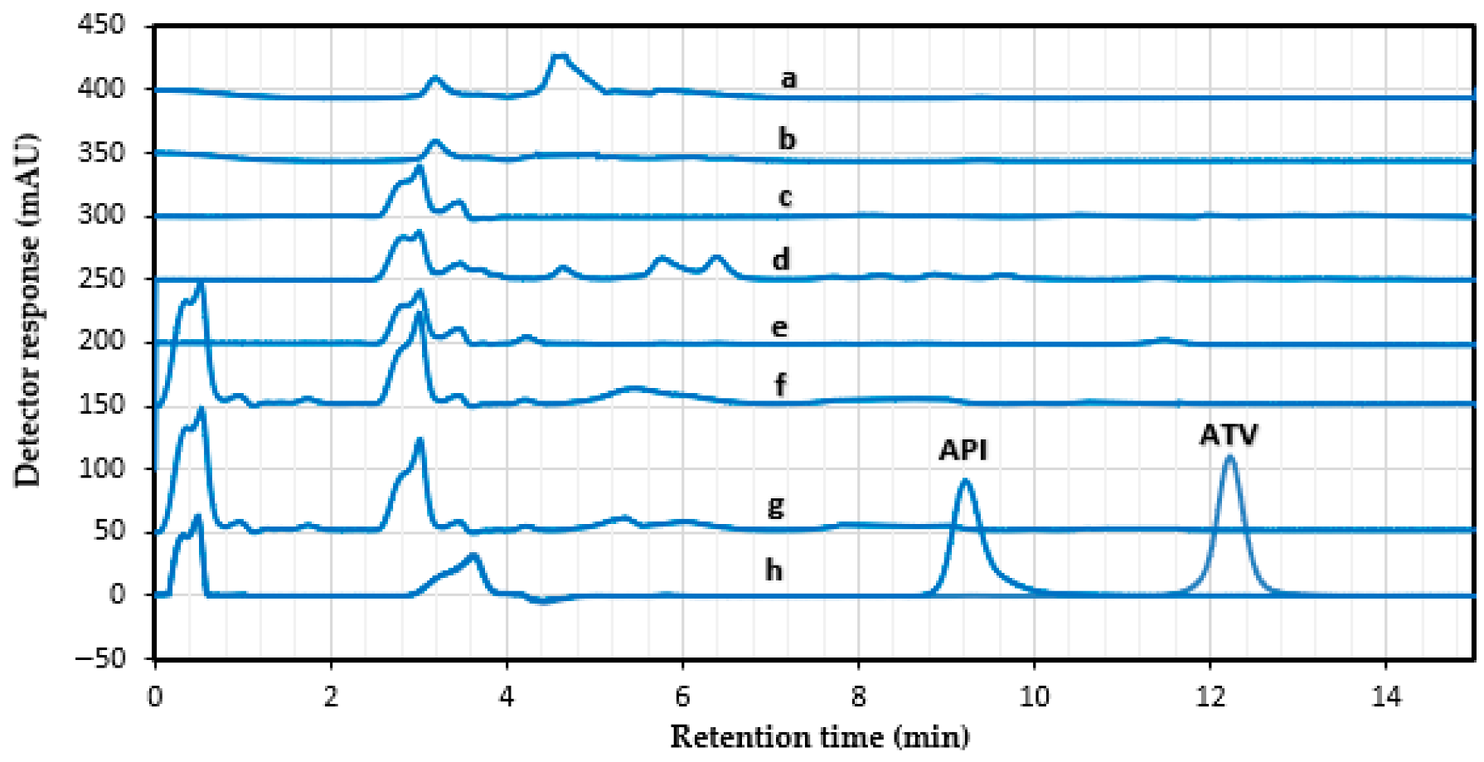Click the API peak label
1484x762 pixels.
(963, 450)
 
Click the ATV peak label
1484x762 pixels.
(1229, 435)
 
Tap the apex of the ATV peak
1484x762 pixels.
(1229, 456)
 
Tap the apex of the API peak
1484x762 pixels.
(965, 480)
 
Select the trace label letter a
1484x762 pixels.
(788, 79)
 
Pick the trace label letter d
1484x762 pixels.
(781, 260)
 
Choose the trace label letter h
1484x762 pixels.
(774, 570)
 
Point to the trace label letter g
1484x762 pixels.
(776, 505)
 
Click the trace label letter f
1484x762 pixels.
(780, 386)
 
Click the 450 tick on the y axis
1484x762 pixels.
(101, 25)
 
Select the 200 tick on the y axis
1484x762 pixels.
(101, 341)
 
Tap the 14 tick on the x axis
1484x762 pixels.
(1385, 696)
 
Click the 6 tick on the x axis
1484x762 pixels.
(682, 696)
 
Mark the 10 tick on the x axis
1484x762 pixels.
(1034, 696)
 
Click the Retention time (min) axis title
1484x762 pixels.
(819, 736)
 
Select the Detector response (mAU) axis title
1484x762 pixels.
(27, 308)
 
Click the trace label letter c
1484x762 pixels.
(785, 197)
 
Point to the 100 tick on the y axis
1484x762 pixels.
(101, 468)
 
